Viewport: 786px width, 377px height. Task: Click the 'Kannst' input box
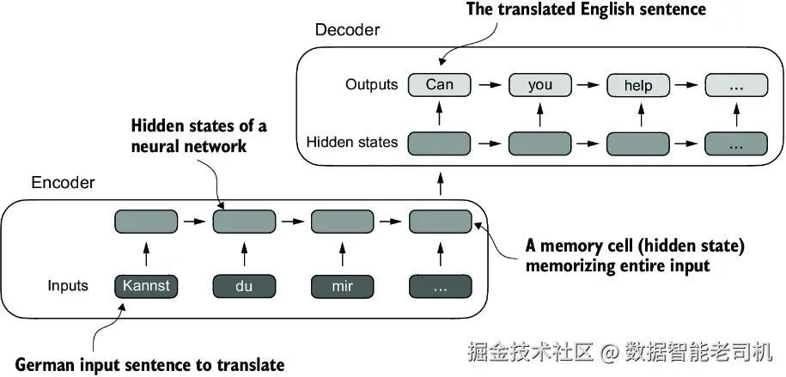(146, 286)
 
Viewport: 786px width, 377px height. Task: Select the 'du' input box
(244, 286)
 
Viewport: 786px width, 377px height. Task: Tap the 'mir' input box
(343, 286)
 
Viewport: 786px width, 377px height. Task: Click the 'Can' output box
(439, 85)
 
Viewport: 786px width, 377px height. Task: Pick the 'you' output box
(539, 85)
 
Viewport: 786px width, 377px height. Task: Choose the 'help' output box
(638, 85)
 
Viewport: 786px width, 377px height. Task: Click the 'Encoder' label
(64, 182)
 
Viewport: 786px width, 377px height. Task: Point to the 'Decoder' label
(347, 29)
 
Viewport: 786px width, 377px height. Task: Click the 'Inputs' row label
(68, 286)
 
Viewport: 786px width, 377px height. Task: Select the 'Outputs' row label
(371, 84)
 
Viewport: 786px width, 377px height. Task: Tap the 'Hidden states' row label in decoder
(352, 143)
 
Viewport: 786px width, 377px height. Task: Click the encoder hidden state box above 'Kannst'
(146, 222)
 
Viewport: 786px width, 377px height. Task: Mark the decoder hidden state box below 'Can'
(439, 144)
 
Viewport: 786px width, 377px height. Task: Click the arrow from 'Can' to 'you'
(490, 85)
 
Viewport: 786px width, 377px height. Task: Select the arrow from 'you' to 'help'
(588, 85)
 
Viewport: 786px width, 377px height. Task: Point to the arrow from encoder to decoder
(442, 183)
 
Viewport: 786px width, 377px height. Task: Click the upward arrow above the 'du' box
(244, 254)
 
